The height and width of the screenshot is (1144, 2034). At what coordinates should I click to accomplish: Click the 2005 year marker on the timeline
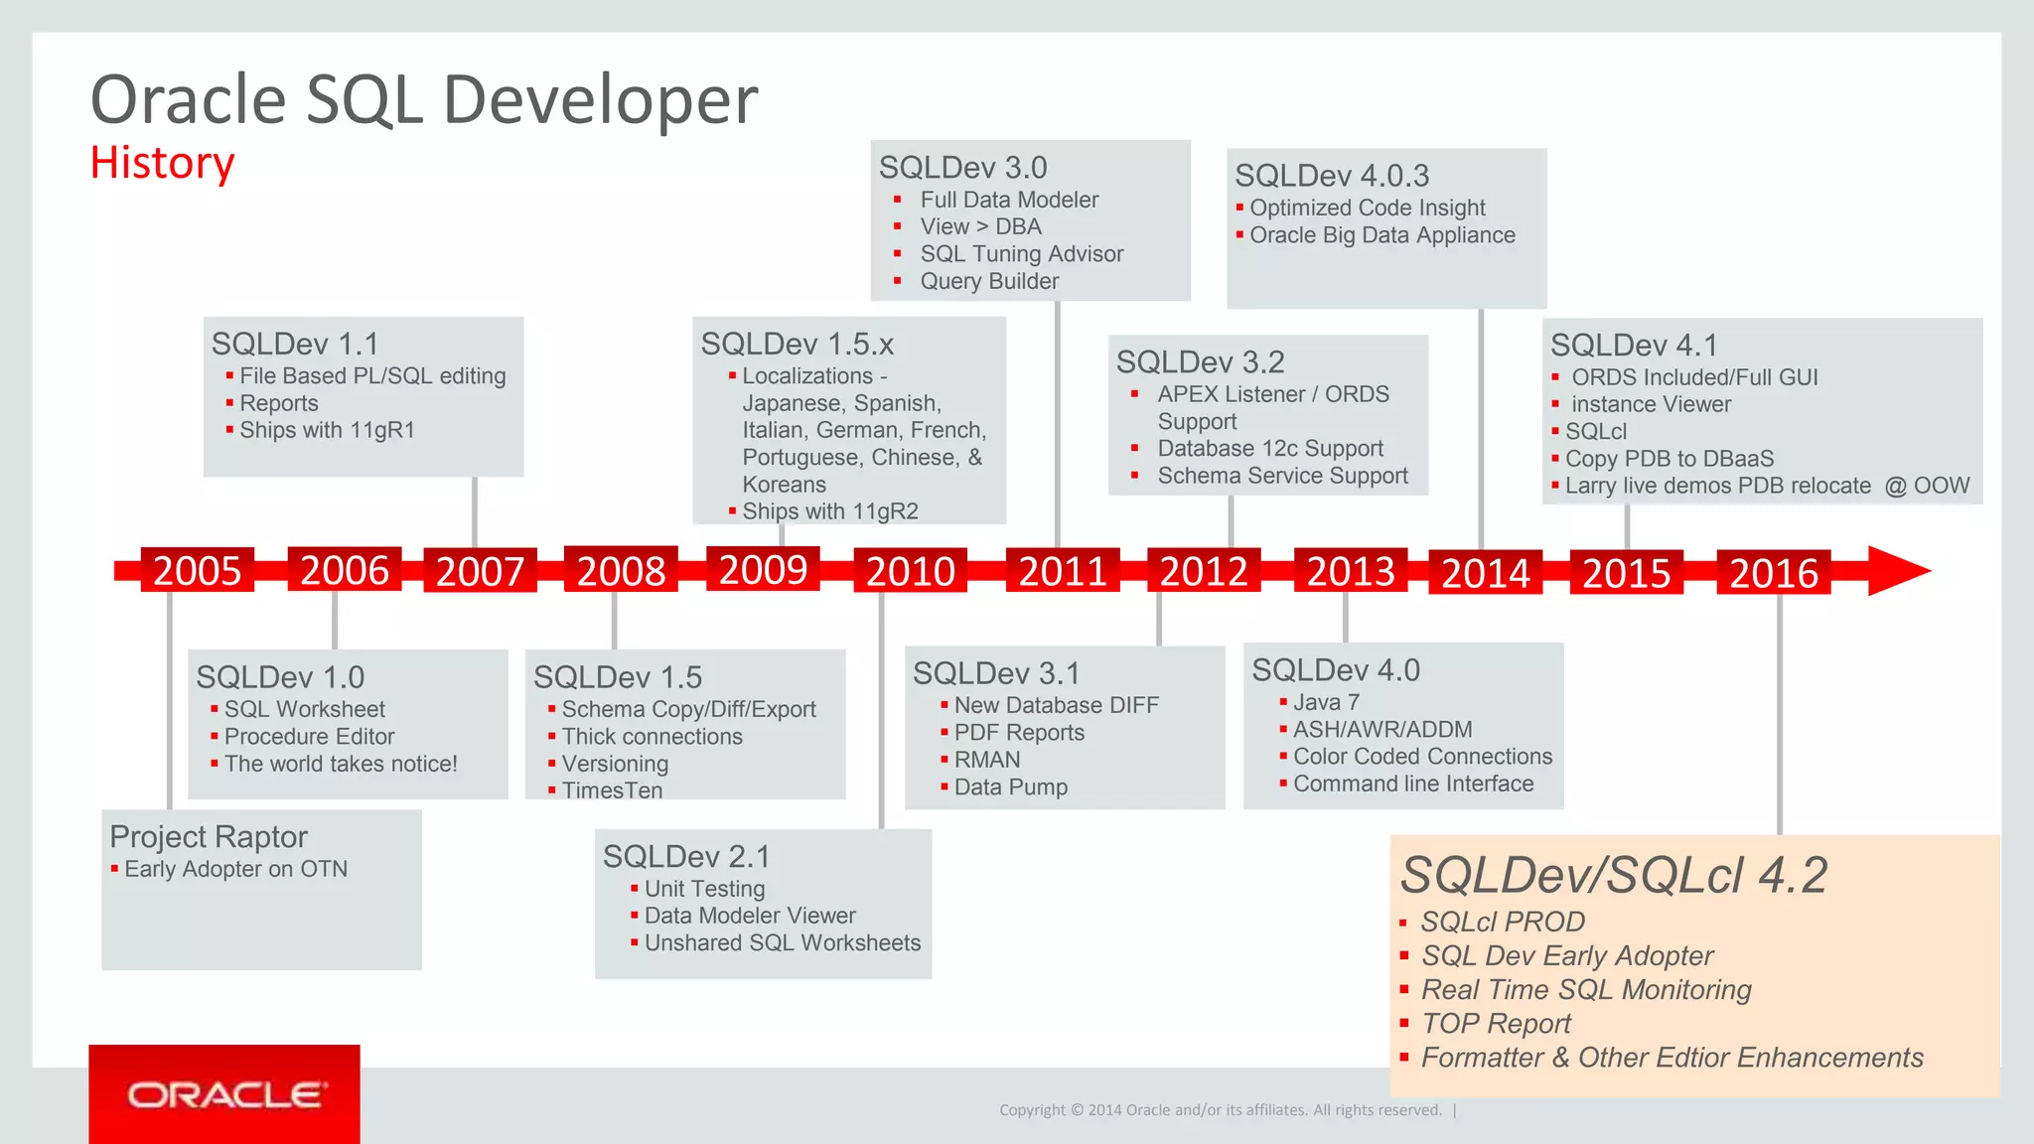(x=197, y=571)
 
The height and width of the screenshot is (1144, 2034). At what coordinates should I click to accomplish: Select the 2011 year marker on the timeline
(x=1062, y=571)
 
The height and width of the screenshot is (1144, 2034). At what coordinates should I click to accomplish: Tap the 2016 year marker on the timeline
(x=1773, y=573)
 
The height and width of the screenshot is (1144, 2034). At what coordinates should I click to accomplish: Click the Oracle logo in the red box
(x=224, y=1095)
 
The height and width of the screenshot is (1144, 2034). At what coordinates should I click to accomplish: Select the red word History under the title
(x=162, y=163)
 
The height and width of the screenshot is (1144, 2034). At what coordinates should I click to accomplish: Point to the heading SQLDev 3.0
(x=962, y=168)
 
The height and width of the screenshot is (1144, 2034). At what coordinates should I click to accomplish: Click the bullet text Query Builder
(x=989, y=281)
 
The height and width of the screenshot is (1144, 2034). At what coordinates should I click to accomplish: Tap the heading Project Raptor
(x=209, y=837)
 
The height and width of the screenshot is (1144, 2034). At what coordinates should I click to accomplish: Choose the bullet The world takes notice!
(x=341, y=764)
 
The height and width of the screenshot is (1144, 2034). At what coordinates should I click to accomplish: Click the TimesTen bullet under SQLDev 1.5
(x=612, y=790)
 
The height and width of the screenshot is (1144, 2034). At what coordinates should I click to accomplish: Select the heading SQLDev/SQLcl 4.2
(x=1613, y=875)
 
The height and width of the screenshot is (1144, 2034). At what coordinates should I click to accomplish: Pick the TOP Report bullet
(x=1496, y=1024)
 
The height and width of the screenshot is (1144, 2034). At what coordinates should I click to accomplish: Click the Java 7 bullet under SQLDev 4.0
(x=1326, y=702)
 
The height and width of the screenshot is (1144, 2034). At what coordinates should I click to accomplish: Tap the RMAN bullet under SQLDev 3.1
(x=987, y=760)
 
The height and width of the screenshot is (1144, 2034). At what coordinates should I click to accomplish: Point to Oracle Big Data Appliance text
(x=1381, y=235)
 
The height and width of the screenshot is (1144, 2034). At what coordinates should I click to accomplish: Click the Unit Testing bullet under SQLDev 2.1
(x=704, y=889)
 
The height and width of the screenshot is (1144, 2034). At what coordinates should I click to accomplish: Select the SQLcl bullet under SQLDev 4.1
(x=1595, y=432)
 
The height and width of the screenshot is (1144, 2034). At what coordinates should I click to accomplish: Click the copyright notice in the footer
(x=1220, y=1110)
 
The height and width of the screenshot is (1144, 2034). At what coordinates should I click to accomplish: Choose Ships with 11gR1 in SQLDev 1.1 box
(x=327, y=430)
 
